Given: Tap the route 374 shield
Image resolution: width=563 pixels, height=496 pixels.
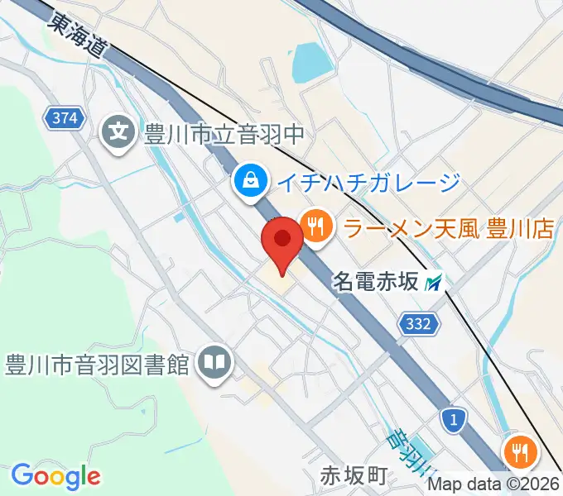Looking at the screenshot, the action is (x=65, y=118).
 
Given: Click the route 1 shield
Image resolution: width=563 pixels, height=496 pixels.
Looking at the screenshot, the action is (x=452, y=421).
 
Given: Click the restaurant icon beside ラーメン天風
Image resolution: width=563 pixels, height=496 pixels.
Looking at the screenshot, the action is (x=315, y=226).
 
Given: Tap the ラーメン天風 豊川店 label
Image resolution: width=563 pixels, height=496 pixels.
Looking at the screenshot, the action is (x=448, y=227).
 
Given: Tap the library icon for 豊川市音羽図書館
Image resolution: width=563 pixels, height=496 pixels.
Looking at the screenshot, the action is (x=215, y=363).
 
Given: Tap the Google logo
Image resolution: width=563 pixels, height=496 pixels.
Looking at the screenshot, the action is (x=55, y=477).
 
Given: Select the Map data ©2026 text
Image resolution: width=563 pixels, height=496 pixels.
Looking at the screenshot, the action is (x=494, y=485).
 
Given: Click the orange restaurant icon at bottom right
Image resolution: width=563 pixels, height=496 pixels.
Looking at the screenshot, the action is (x=521, y=452).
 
